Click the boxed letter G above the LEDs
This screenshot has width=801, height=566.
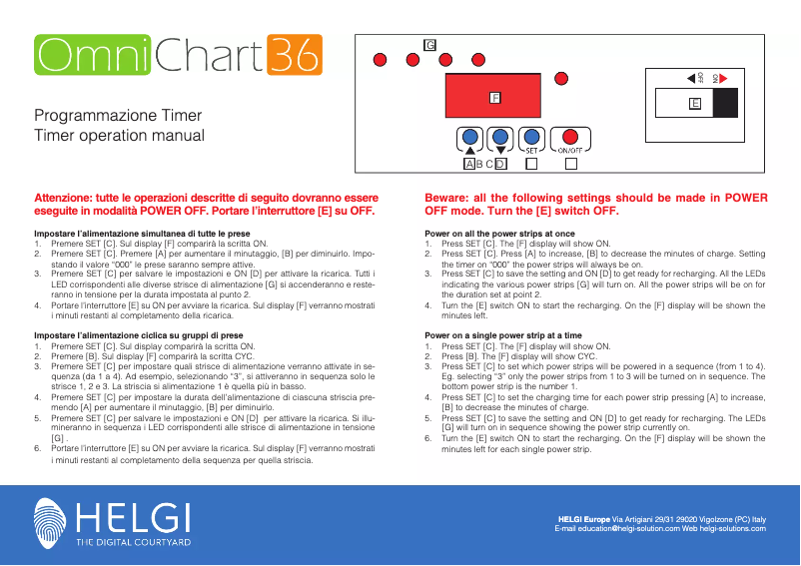430,45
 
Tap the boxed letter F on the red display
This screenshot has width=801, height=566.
494,98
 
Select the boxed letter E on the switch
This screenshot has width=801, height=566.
695,104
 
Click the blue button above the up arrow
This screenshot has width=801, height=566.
468,137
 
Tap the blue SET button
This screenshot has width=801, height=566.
532,137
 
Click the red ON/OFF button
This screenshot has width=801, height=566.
570,137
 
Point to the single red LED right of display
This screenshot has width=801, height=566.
587,89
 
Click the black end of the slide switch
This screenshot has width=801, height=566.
726,104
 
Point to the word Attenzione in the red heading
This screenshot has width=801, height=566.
67,198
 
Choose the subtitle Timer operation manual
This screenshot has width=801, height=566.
119,135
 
